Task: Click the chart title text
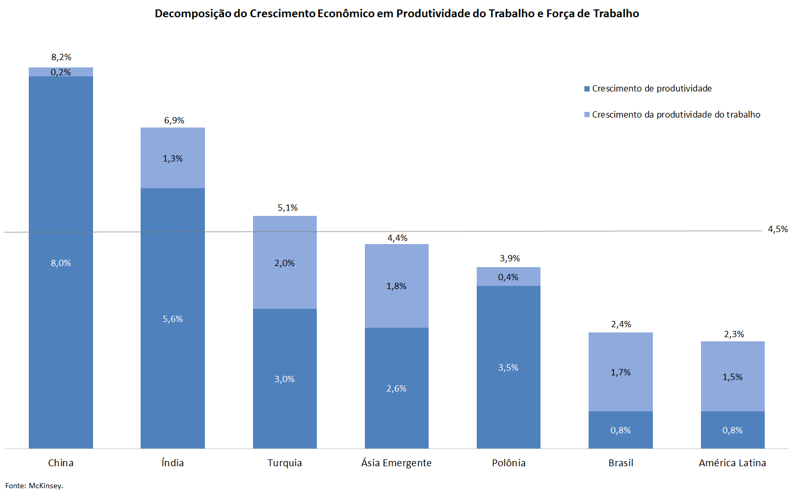pyautogui.click(x=397, y=14)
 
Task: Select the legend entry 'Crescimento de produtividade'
pyautogui.click(x=651, y=89)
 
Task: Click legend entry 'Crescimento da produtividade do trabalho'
pyautogui.click(x=675, y=115)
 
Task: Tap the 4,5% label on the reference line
pyautogui.click(x=777, y=229)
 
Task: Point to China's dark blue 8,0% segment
pyautogui.click(x=61, y=263)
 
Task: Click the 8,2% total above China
pyautogui.click(x=61, y=57)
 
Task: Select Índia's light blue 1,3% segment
pyautogui.click(x=172, y=158)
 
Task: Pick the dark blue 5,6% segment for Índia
pyautogui.click(x=172, y=319)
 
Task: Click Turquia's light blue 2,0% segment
pyautogui.click(x=284, y=263)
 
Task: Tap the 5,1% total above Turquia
pyautogui.click(x=287, y=208)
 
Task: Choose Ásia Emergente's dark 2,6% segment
pyautogui.click(x=396, y=388)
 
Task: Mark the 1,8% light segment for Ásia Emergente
pyautogui.click(x=396, y=286)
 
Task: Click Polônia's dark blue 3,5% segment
pyautogui.click(x=508, y=367)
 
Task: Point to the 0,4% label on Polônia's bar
pyautogui.click(x=508, y=277)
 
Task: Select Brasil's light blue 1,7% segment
pyautogui.click(x=620, y=372)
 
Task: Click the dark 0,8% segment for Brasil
pyautogui.click(x=620, y=430)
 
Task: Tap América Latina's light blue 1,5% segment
pyautogui.click(x=732, y=377)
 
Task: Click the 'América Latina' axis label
pyautogui.click(x=732, y=463)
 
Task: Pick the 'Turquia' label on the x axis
pyautogui.click(x=284, y=463)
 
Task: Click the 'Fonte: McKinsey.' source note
pyautogui.click(x=34, y=486)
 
